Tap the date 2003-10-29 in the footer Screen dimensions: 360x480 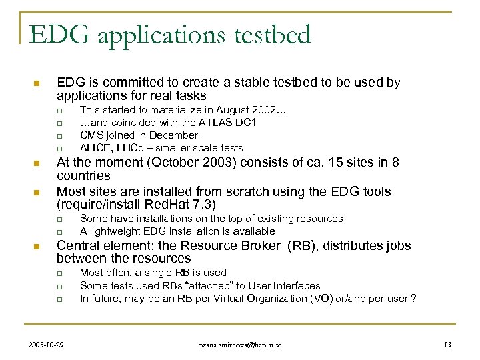point(47,343)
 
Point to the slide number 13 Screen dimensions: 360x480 point(447,343)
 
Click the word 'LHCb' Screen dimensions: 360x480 point(133,148)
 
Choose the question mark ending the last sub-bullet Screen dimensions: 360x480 point(414,298)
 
